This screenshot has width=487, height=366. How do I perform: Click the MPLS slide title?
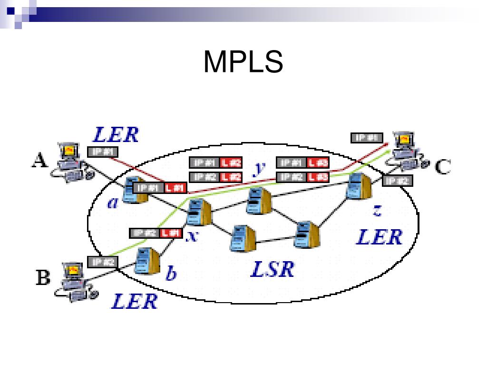(243, 61)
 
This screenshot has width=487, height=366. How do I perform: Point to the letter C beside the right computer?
(443, 166)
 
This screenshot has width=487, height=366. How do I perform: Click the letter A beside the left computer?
(39, 161)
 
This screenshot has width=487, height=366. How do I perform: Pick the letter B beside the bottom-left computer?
(43, 277)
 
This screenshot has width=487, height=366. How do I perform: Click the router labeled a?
(134, 189)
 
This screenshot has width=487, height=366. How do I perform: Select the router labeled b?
(146, 260)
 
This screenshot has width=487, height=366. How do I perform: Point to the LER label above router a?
(116, 134)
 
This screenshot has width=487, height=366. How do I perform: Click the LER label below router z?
(379, 237)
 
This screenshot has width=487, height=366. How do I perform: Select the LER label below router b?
(134, 301)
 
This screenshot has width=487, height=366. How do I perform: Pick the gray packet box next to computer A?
(102, 152)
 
